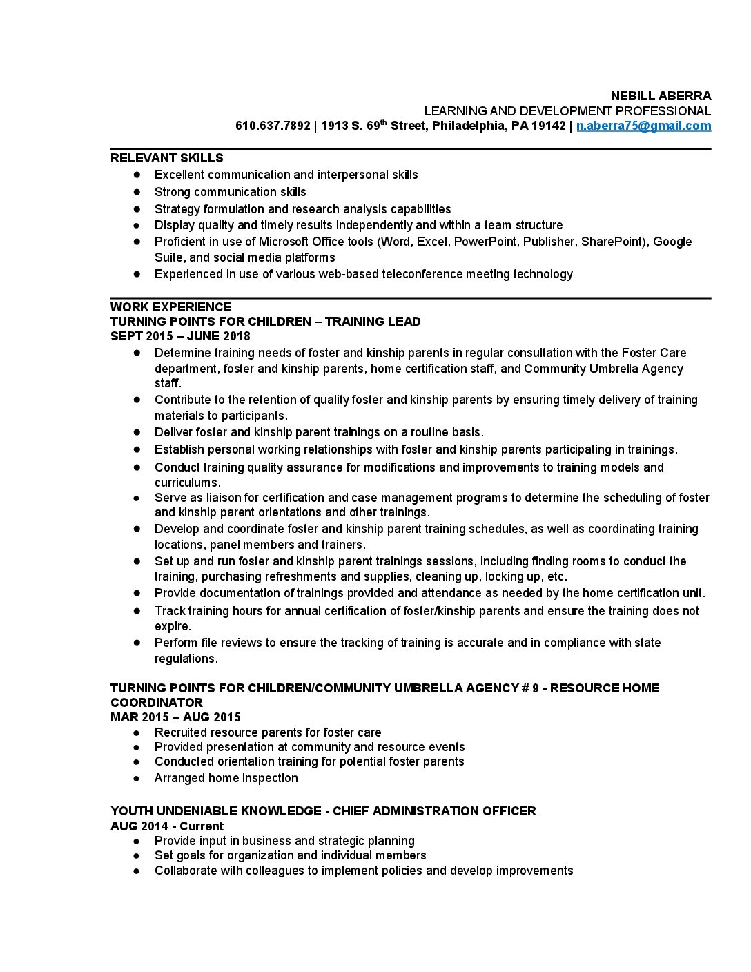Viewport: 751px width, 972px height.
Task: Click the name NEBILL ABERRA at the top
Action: (x=661, y=96)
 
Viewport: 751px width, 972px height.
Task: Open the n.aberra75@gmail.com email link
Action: (x=643, y=126)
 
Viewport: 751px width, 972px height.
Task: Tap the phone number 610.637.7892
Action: (x=273, y=126)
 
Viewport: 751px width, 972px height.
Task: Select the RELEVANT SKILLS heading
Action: (x=166, y=158)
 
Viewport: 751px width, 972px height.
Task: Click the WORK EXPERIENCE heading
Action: (x=170, y=307)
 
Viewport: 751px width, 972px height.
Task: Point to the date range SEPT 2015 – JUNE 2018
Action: (x=180, y=336)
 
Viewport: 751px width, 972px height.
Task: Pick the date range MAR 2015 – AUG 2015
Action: (x=175, y=717)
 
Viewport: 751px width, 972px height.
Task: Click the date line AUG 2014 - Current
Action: (x=167, y=826)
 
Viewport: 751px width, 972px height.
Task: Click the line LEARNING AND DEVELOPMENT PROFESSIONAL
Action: (x=567, y=111)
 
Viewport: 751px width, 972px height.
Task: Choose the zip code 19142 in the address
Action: (x=548, y=126)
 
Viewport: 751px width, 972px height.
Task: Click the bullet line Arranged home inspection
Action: (x=226, y=778)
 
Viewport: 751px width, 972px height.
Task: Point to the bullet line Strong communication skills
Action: (x=230, y=192)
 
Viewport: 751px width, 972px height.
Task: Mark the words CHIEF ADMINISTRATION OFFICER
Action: (x=434, y=811)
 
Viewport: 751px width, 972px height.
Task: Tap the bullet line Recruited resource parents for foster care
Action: (x=267, y=732)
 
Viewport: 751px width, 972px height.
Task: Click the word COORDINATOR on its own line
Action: (x=157, y=703)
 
